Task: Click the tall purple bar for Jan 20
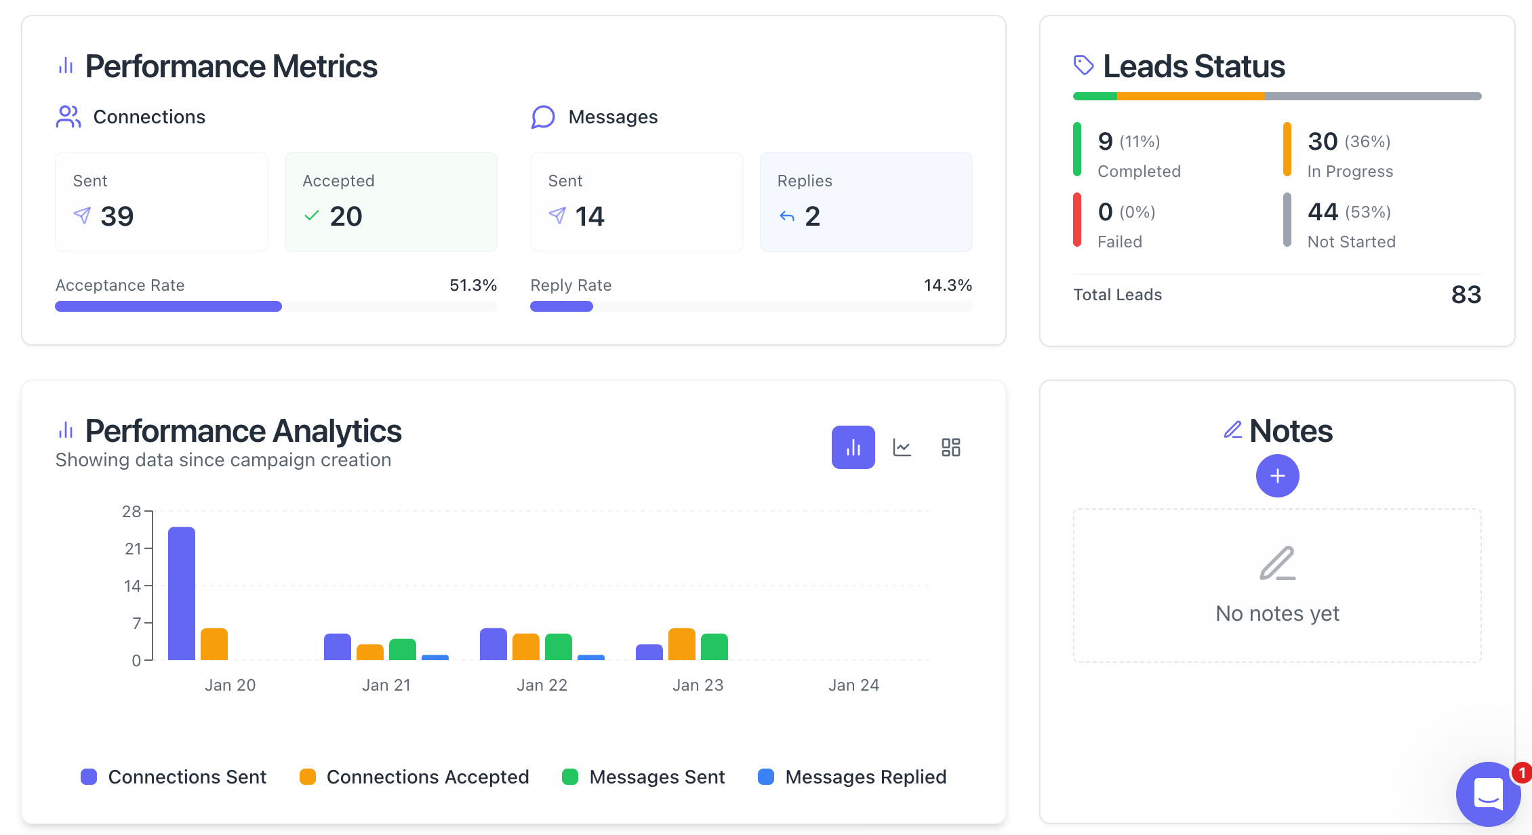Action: [182, 593]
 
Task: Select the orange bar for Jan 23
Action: [682, 644]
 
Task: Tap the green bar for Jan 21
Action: [403, 649]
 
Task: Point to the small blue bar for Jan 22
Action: [591, 657]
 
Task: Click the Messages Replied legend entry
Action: [852, 777]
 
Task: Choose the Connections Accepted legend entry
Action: [414, 777]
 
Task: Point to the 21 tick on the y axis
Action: [133, 548]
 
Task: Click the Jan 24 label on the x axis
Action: [853, 685]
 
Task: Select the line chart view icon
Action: [902, 447]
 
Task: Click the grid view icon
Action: [951, 447]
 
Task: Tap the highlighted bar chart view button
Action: [853, 447]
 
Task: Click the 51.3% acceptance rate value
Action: [473, 285]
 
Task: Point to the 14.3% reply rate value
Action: [948, 285]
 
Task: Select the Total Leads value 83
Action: [1466, 295]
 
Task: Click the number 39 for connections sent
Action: [117, 216]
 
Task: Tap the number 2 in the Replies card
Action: [812, 216]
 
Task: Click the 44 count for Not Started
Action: [1323, 212]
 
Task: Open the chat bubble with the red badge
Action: [1488, 793]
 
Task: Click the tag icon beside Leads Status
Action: [1083, 65]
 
